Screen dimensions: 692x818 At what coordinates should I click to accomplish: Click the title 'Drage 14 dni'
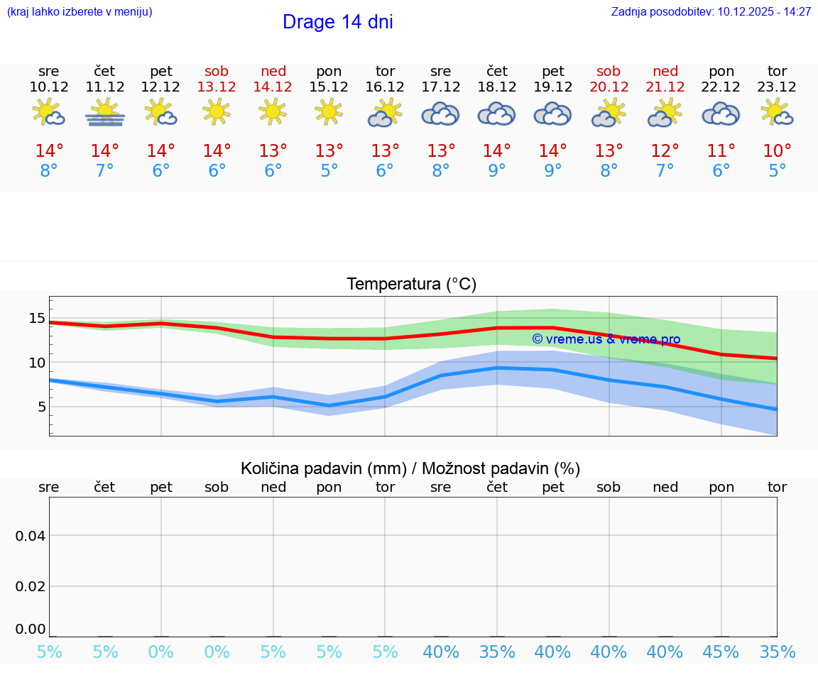pyautogui.click(x=337, y=22)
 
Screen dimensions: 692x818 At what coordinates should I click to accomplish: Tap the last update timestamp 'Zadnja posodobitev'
pyautogui.click(x=711, y=11)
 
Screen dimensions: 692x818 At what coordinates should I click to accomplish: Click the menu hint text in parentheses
pyautogui.click(x=80, y=11)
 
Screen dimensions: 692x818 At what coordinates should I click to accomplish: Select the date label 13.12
pyautogui.click(x=217, y=87)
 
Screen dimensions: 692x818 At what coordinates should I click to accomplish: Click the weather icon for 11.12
pyautogui.click(x=105, y=113)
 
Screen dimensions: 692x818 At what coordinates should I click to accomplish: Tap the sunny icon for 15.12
pyautogui.click(x=329, y=112)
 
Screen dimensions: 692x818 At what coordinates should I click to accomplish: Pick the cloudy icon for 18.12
pyautogui.click(x=496, y=114)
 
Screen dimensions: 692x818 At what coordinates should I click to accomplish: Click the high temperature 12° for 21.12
pyautogui.click(x=665, y=151)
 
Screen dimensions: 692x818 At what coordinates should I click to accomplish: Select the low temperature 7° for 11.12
pyautogui.click(x=105, y=171)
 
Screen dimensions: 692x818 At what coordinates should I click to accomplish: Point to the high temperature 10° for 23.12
pyautogui.click(x=777, y=151)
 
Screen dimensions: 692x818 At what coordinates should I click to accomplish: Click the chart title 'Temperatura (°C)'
pyautogui.click(x=411, y=284)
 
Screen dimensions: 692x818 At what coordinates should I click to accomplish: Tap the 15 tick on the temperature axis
pyautogui.click(x=37, y=318)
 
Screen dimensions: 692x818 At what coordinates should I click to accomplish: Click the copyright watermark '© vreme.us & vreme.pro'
pyautogui.click(x=606, y=339)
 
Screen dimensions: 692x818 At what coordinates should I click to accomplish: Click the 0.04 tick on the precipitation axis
pyautogui.click(x=31, y=535)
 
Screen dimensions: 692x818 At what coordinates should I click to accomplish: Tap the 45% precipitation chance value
pyautogui.click(x=721, y=652)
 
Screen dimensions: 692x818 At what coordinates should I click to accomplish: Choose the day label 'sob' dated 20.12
pyautogui.click(x=609, y=71)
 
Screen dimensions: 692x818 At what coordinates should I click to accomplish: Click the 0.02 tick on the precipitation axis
pyautogui.click(x=31, y=586)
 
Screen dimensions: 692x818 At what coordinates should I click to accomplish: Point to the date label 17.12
pyautogui.click(x=440, y=87)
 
